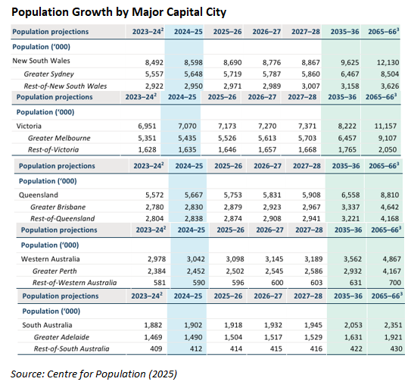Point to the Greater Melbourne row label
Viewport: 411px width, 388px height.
pyautogui.click(x=60, y=139)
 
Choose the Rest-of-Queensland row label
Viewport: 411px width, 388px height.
pyautogui.click(x=63, y=217)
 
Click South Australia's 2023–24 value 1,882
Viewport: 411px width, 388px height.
pyautogui.click(x=153, y=324)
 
